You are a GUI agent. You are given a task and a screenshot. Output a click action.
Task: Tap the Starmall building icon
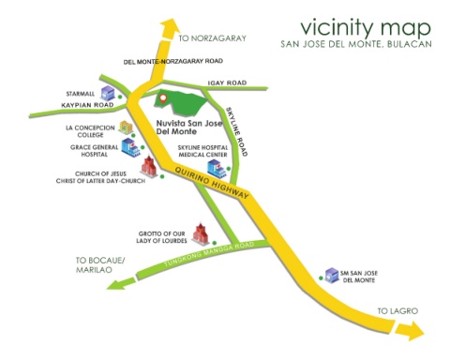(x=108, y=93)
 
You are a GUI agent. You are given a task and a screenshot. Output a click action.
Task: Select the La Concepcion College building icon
(x=126, y=127)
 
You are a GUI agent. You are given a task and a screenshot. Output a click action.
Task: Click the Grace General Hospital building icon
(x=130, y=147)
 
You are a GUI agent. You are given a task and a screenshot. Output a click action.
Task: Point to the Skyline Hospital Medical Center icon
(x=217, y=169)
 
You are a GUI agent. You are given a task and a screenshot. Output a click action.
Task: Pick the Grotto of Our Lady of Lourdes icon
(x=201, y=233)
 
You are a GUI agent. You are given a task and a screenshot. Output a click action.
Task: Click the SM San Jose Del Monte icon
(x=332, y=275)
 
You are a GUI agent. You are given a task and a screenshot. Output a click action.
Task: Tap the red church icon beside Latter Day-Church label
(x=149, y=167)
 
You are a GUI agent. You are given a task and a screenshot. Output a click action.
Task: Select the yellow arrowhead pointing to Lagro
(x=410, y=330)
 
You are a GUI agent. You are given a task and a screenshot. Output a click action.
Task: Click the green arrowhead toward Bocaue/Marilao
(x=121, y=283)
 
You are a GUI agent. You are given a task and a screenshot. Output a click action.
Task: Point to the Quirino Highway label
(x=212, y=183)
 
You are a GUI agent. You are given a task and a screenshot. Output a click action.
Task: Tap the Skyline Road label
(x=236, y=131)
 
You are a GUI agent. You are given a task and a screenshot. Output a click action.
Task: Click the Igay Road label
(x=227, y=82)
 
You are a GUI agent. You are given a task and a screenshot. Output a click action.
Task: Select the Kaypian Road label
(x=87, y=105)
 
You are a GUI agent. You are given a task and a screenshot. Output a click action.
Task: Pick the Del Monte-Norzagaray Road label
(x=173, y=61)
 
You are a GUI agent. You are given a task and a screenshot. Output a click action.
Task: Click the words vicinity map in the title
(x=366, y=28)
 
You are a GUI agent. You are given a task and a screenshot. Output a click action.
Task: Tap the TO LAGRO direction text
(x=397, y=311)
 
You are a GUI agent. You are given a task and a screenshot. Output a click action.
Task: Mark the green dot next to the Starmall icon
(x=120, y=97)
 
